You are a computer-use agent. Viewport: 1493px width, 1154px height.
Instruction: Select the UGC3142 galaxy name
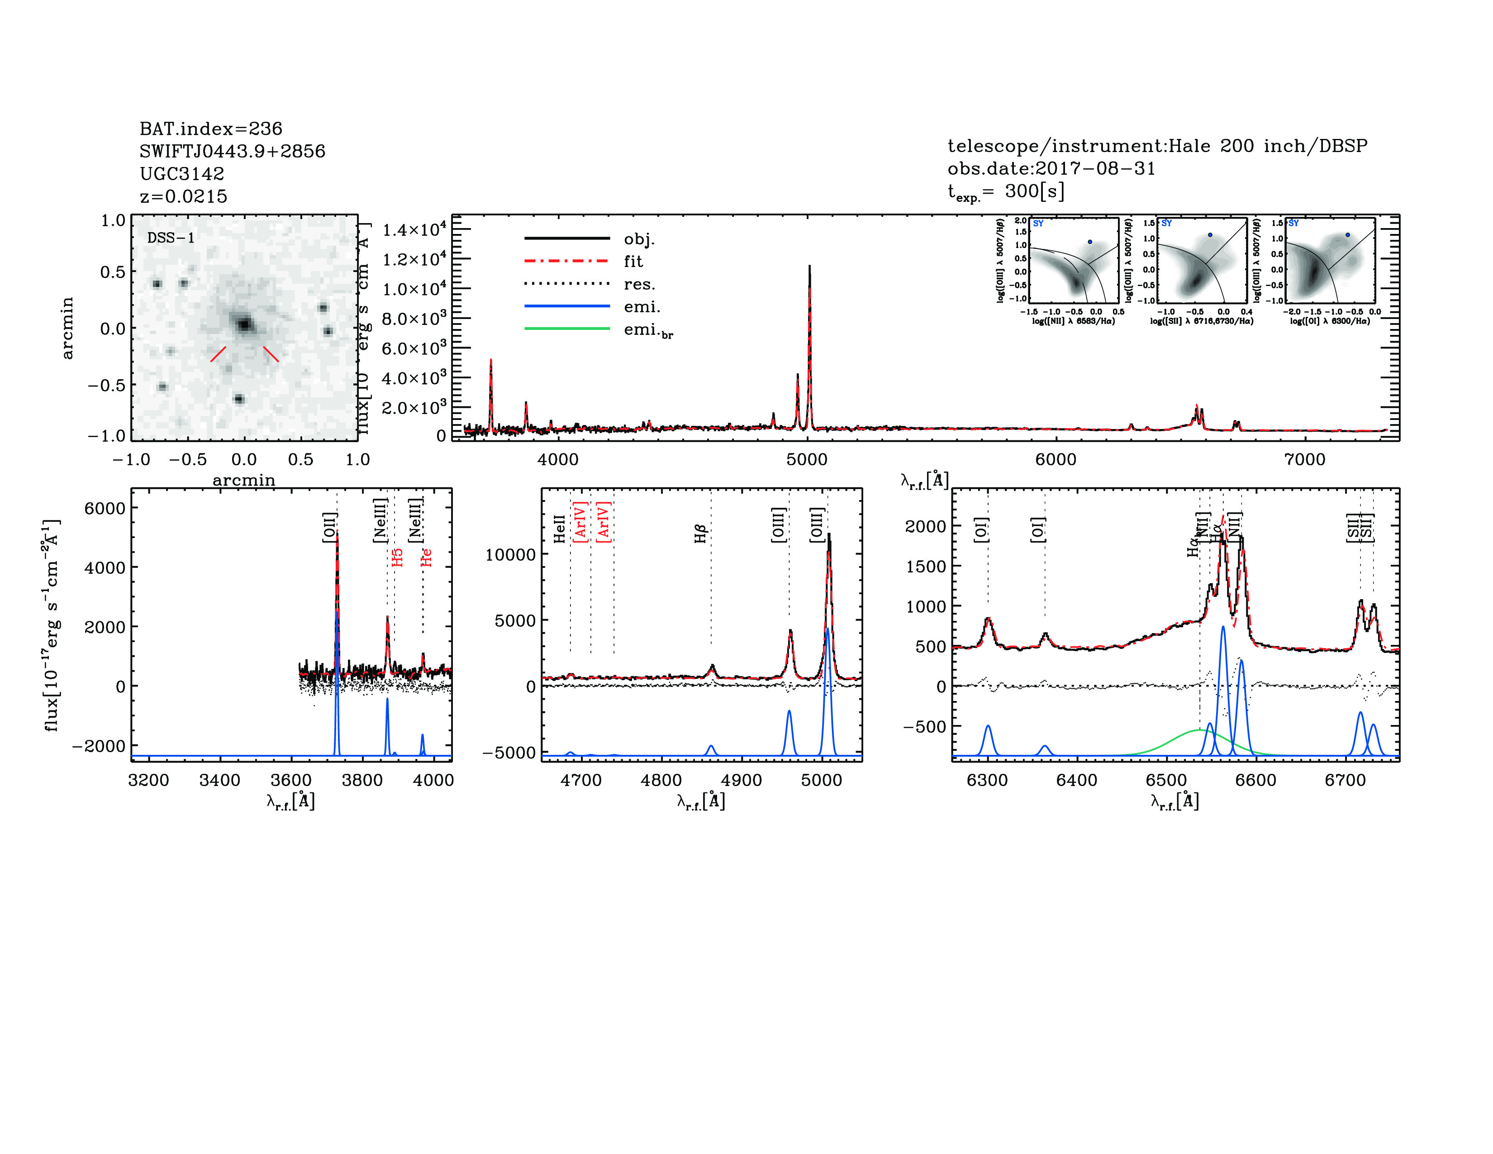[x=182, y=174]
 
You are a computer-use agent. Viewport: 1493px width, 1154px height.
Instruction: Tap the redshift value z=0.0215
[x=183, y=196]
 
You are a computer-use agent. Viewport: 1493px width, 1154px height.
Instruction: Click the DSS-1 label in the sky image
[x=171, y=238]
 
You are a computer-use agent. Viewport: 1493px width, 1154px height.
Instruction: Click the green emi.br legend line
[x=567, y=329]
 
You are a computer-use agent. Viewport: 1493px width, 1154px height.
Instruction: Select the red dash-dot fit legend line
[x=567, y=261]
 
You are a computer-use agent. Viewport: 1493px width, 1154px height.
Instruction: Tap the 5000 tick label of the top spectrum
[x=807, y=459]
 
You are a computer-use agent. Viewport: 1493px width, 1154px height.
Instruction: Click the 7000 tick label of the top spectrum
[x=1304, y=459]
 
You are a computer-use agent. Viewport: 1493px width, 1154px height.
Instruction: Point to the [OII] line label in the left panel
[x=329, y=527]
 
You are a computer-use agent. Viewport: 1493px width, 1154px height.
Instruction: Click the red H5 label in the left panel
[x=397, y=557]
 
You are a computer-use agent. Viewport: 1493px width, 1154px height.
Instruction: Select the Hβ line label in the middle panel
[x=700, y=533]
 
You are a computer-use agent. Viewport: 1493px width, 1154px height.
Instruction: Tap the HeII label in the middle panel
[x=559, y=529]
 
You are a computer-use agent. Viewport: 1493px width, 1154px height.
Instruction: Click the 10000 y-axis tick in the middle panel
[x=510, y=554]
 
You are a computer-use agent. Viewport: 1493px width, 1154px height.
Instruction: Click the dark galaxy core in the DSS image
[x=244, y=324]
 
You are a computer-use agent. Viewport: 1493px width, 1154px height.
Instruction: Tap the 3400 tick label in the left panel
[x=219, y=780]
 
